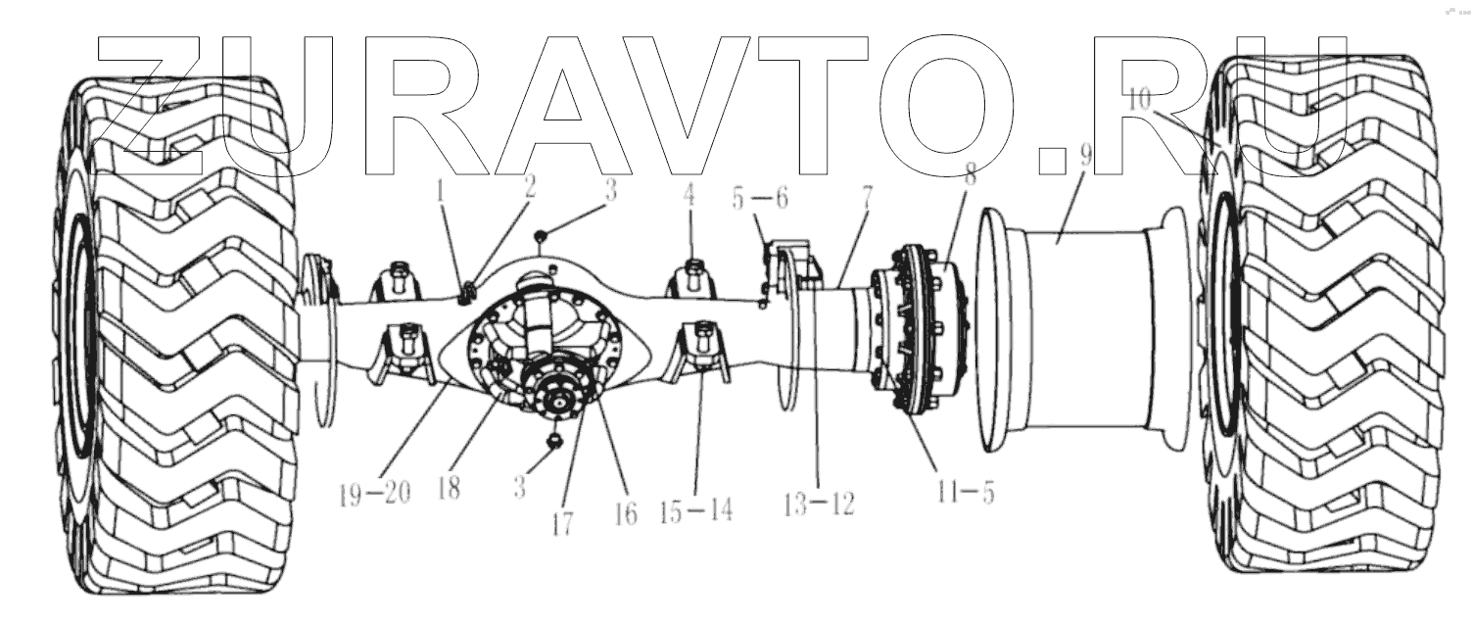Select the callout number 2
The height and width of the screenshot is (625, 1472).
click(530, 188)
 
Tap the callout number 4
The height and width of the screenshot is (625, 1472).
click(689, 194)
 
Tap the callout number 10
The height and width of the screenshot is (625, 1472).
click(1140, 100)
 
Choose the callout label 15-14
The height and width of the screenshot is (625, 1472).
click(695, 510)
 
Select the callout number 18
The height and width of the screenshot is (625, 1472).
click(449, 489)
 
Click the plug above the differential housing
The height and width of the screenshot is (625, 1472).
click(540, 234)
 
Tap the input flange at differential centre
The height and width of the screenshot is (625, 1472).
click(560, 397)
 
